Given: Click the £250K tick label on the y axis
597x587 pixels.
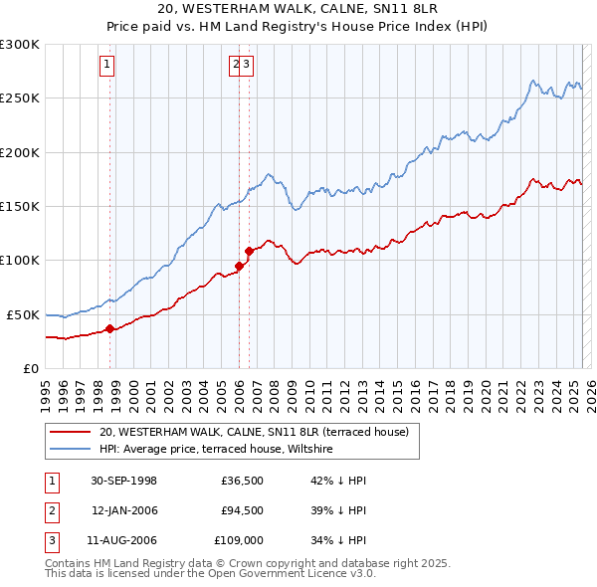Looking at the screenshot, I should [19, 98].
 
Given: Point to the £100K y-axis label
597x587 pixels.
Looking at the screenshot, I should [19, 260].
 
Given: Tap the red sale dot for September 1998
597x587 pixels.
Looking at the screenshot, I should [109, 329].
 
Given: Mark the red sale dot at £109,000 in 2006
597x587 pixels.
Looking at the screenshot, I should [249, 251].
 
